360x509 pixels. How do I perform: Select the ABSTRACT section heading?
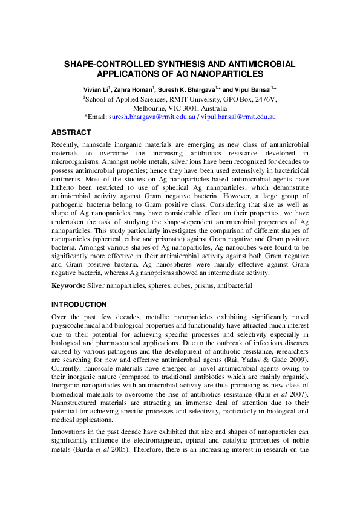click(71, 132)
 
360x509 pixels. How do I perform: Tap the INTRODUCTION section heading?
click(79, 305)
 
